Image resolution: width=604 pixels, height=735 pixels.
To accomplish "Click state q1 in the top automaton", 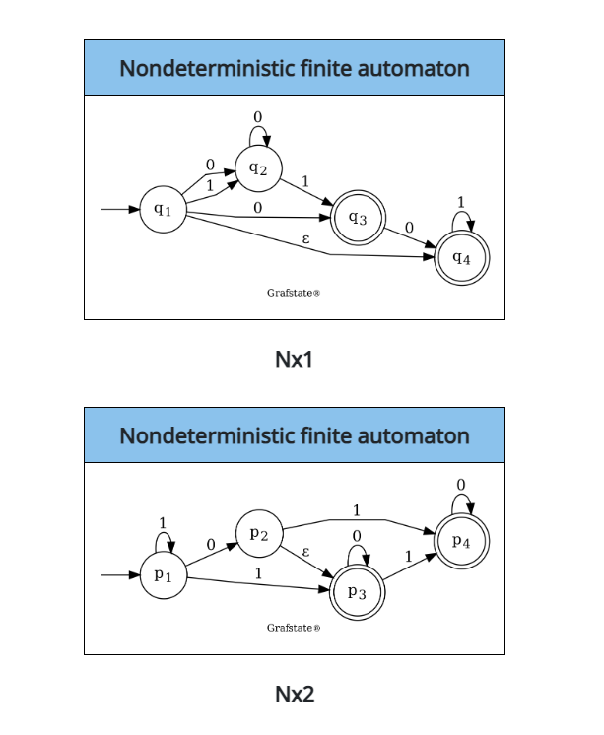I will click(163, 210).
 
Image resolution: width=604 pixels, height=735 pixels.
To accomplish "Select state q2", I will click(258, 167).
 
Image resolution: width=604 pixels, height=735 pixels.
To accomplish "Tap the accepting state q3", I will click(358, 219).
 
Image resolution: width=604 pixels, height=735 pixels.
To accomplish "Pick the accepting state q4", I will click(461, 257).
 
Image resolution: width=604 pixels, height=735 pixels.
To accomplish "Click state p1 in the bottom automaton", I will click(163, 575).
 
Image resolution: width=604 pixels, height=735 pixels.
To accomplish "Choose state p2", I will click(259, 533).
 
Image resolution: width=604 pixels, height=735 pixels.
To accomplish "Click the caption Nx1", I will click(294, 360).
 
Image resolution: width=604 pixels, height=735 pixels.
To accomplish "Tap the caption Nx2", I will click(294, 694).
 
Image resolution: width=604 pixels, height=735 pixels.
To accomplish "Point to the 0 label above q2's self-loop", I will click(258, 117).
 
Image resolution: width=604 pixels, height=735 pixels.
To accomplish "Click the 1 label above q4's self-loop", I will click(461, 201).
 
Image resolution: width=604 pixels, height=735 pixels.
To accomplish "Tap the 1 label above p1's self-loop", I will click(163, 523).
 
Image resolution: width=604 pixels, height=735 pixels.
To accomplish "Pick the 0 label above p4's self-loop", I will click(461, 484).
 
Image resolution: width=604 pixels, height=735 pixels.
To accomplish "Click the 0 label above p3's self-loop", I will click(358, 535).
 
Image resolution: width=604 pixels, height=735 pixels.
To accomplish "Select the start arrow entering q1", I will click(118, 210).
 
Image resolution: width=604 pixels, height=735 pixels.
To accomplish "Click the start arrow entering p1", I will click(118, 575).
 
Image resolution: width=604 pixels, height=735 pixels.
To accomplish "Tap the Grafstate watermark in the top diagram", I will click(294, 293).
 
